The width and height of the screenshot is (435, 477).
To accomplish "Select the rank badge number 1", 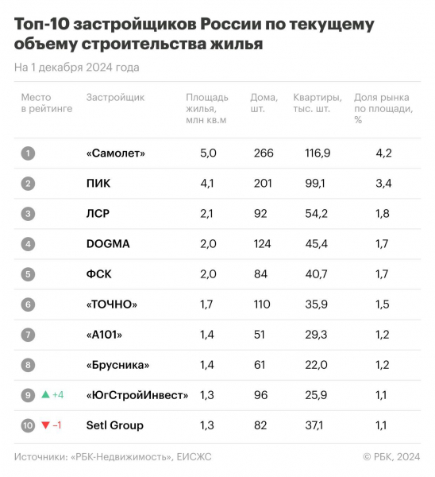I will click(28, 153).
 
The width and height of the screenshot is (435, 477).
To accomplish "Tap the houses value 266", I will click(263, 153).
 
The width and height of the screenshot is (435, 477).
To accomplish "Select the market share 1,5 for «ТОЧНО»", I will click(383, 304).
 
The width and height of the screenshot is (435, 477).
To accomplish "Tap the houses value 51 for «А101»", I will click(260, 335).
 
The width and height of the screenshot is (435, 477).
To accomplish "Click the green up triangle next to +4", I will click(45, 395).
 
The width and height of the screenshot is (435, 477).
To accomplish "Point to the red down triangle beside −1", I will click(45, 425).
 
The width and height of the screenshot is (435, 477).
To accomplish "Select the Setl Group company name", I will click(114, 425).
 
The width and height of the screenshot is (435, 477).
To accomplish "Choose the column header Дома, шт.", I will click(265, 103).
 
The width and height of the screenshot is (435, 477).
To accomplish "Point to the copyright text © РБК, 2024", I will click(392, 457).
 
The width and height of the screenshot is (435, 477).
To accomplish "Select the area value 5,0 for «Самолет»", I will click(208, 153).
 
